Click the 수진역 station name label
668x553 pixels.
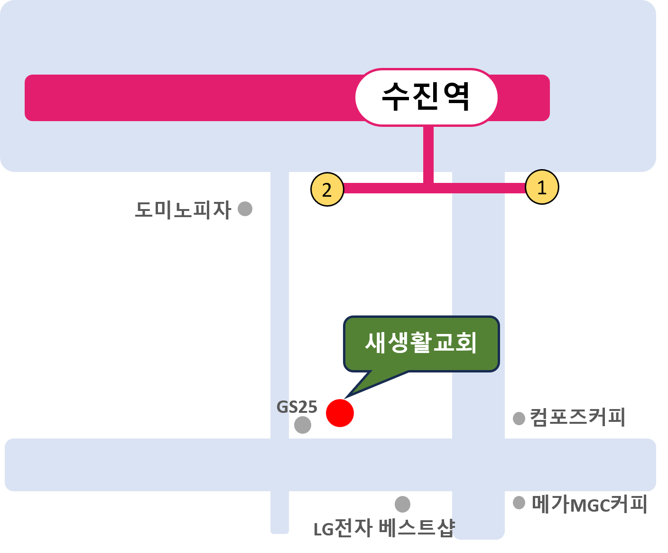426,97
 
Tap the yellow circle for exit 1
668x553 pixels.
541,187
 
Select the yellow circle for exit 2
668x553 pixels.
327,189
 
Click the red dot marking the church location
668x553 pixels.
340,413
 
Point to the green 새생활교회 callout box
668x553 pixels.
421,343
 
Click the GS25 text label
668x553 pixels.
297,407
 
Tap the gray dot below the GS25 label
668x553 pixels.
303,425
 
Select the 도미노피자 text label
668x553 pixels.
183,210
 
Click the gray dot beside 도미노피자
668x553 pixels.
245,209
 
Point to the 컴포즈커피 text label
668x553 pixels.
578,418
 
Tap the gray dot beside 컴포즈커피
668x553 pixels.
519,418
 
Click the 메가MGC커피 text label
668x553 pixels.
589,504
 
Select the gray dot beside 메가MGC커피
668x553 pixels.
519,503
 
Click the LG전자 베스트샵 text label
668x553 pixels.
384,528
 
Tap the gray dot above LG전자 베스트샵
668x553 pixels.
402,504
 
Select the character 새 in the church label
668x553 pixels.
376,343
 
